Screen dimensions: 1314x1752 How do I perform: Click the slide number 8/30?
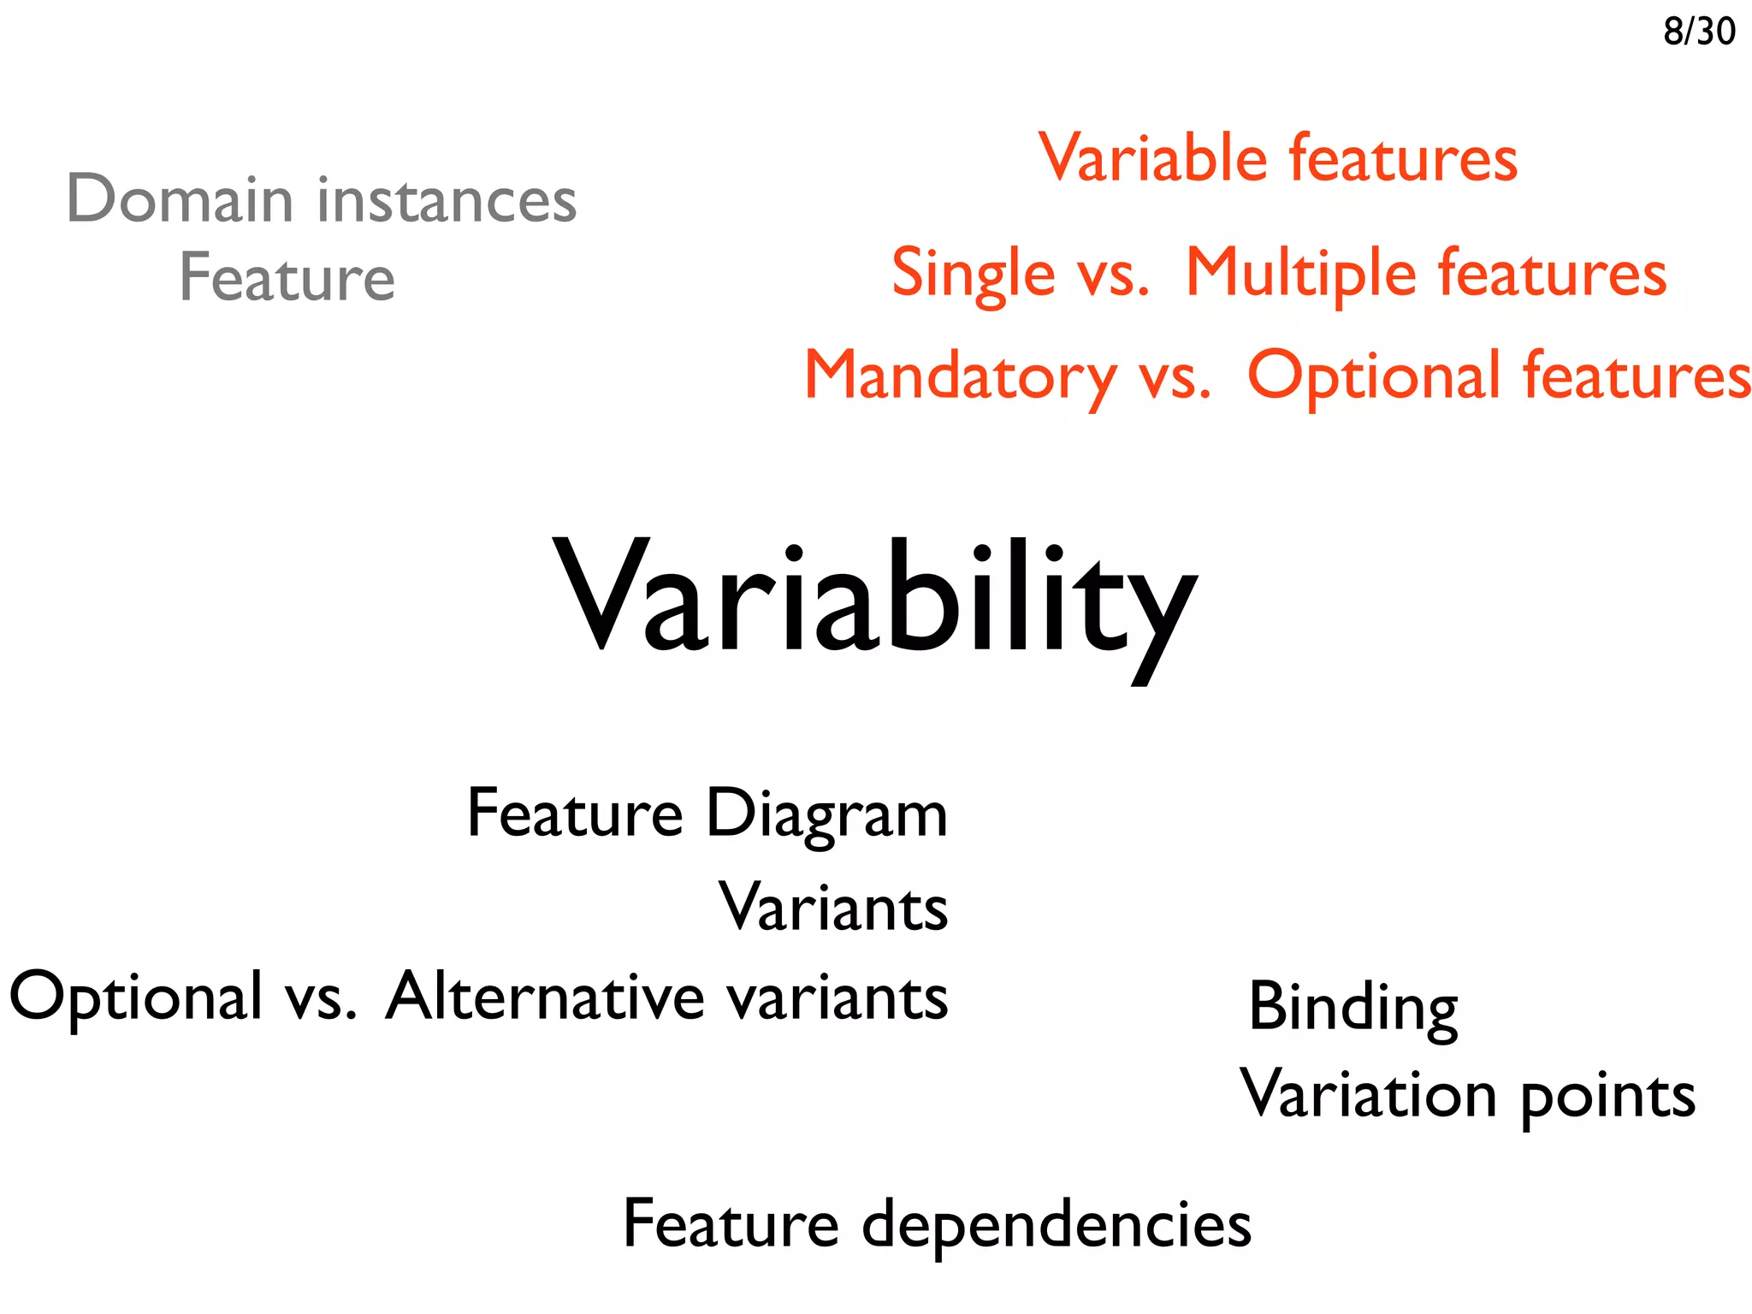pos(1698,32)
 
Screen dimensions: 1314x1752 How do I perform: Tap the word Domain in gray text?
pos(179,199)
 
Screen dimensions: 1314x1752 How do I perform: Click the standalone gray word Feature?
pos(287,278)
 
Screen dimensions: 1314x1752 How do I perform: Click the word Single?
pos(973,274)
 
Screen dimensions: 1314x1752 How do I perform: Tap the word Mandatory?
pos(960,376)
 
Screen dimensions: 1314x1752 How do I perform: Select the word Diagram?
pos(826,814)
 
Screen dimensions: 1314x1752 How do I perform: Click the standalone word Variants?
pos(832,907)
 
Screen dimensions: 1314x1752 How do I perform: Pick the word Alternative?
pos(545,997)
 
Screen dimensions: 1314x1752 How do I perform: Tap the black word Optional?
pos(135,998)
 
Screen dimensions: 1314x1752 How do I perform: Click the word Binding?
pos(1352,1008)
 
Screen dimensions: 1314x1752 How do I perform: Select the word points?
pos(1607,1098)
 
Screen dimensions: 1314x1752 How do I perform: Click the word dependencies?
pos(1056,1225)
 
